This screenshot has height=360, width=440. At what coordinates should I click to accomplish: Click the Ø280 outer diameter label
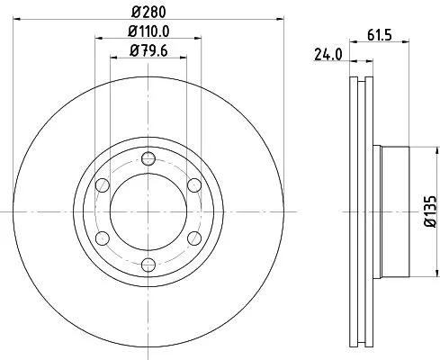point(148,13)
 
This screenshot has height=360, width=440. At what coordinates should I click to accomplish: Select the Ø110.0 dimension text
point(148,34)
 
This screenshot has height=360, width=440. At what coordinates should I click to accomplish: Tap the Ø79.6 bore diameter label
point(148,51)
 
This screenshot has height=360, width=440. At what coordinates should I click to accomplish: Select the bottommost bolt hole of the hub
point(148,265)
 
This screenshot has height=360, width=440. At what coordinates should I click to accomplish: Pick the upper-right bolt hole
point(193,186)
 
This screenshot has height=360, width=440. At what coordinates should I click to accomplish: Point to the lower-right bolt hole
point(193,238)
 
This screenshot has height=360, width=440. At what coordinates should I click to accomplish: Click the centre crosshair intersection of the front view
point(148,212)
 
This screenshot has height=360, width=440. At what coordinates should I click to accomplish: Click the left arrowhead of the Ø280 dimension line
point(19,21)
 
